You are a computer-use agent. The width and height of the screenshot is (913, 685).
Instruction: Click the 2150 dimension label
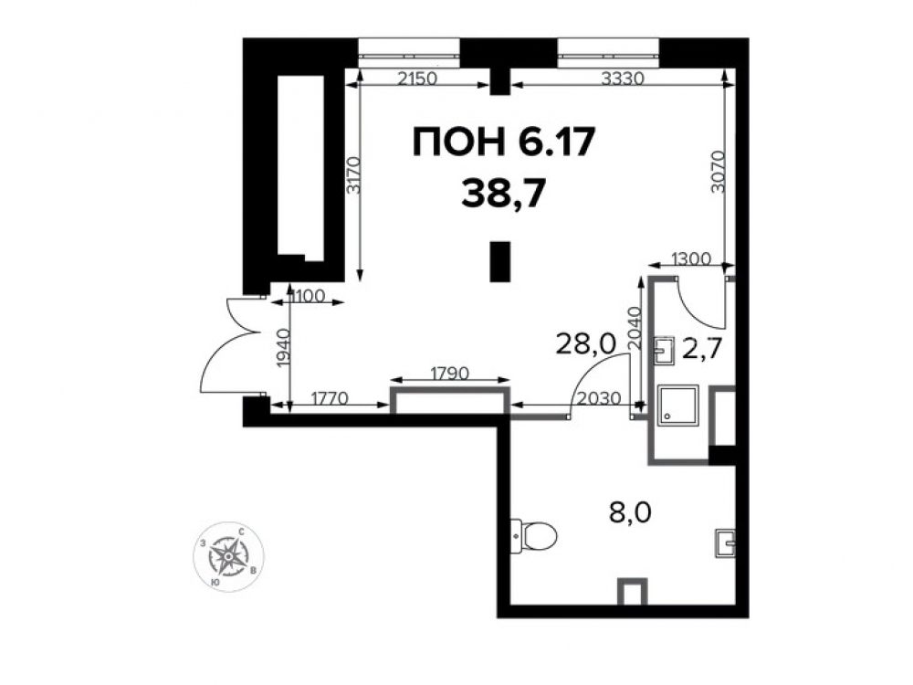click(x=416, y=78)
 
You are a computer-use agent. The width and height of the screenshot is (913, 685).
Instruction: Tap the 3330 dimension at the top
click(x=623, y=78)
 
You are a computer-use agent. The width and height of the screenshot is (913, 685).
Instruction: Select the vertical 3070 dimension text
click(x=718, y=172)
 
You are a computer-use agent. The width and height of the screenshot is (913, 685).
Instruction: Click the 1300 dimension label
click(x=690, y=258)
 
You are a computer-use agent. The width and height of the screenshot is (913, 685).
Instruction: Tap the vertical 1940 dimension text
click(x=283, y=348)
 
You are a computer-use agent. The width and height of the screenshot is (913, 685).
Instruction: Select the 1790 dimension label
click(x=449, y=373)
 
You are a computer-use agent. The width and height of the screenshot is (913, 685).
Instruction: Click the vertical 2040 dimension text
click(x=635, y=329)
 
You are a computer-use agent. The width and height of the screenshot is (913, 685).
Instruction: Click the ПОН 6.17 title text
click(x=504, y=143)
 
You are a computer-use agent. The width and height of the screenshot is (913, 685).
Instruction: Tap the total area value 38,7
click(x=504, y=194)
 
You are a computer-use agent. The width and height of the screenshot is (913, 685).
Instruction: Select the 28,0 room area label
click(x=586, y=344)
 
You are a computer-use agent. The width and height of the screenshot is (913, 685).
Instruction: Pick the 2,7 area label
click(x=702, y=350)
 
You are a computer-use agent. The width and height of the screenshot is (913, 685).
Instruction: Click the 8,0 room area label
click(x=630, y=513)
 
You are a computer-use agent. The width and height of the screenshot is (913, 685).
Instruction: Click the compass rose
click(x=228, y=556)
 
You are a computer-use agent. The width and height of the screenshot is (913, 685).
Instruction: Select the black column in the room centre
click(x=499, y=262)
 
